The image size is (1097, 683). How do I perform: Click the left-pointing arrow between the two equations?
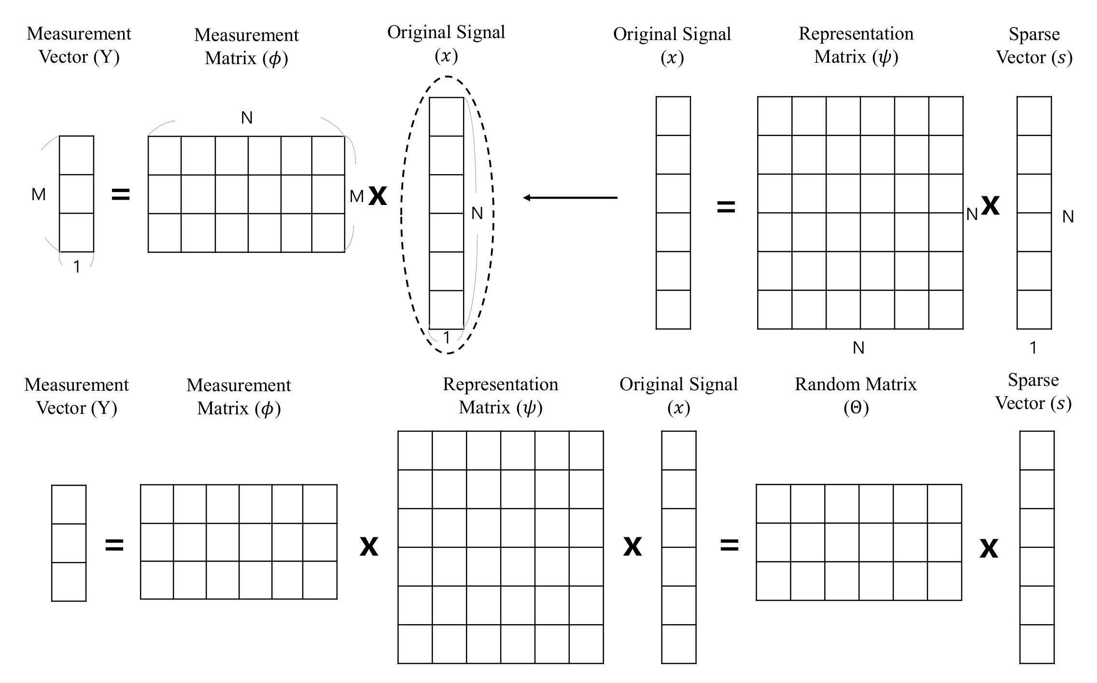pos(570,198)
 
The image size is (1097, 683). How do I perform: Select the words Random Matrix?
pos(856,384)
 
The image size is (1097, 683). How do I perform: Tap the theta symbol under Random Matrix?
pos(856,408)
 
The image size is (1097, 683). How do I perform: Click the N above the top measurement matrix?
pos(247,118)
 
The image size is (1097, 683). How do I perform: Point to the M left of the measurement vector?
pos(39,194)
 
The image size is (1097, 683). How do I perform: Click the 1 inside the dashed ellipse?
pos(447,338)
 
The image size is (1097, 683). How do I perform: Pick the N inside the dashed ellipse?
pos(477,213)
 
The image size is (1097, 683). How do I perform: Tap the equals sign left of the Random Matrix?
pos(729,546)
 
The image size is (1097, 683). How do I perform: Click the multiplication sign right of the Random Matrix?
pos(988,548)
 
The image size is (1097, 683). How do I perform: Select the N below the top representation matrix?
pos(858,348)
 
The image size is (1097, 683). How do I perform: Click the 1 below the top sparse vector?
pos(1033,348)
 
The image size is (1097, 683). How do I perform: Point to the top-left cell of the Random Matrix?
pos(774,504)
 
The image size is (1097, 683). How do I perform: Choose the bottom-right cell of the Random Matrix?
pos(944,581)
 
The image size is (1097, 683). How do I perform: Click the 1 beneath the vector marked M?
pos(77,267)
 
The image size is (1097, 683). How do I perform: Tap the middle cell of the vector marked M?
pos(77,194)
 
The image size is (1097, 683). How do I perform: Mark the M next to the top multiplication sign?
pos(356,196)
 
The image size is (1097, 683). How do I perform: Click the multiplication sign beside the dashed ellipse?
pos(378,196)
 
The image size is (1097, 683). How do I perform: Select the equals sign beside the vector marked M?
pos(121,194)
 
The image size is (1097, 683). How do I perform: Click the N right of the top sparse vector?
pos(1068,217)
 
